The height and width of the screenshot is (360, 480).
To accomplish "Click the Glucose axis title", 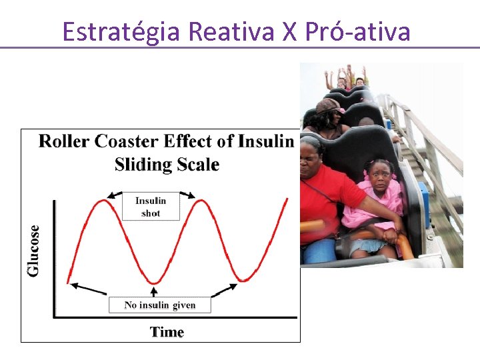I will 33,250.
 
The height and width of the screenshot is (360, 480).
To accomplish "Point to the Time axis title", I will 167,332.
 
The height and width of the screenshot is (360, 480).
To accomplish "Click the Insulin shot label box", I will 151,207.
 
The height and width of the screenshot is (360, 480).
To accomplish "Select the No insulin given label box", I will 160,305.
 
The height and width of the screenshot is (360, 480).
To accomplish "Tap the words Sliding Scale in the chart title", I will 167,164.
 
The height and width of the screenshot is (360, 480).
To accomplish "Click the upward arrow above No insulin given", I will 155,291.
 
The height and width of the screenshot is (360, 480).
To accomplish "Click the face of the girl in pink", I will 381,177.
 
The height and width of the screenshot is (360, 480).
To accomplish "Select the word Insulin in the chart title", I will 266,141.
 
